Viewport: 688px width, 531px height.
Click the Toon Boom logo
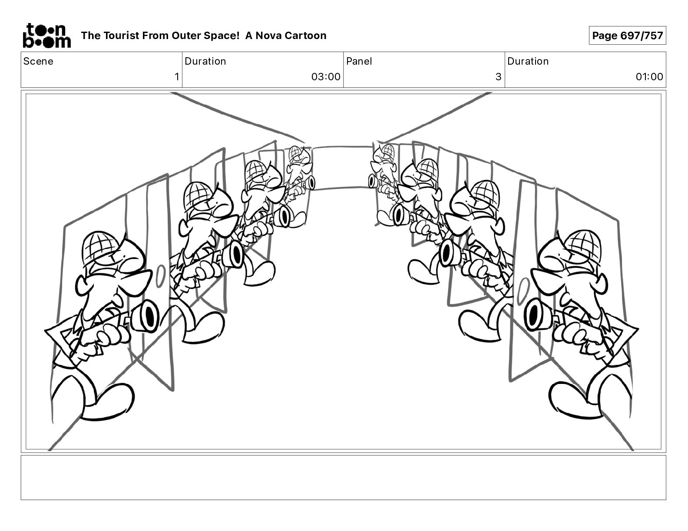(x=46, y=35)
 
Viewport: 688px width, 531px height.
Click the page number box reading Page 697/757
(x=627, y=36)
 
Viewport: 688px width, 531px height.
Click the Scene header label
(x=38, y=61)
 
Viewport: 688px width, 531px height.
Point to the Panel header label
(x=359, y=61)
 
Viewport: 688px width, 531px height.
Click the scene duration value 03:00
(x=325, y=77)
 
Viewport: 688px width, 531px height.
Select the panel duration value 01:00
(x=649, y=77)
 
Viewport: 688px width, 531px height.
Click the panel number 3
(x=498, y=77)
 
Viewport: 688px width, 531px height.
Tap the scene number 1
(x=177, y=77)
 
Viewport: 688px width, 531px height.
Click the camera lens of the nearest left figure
(x=149, y=315)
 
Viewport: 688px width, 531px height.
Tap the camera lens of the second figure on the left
(x=236, y=254)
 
